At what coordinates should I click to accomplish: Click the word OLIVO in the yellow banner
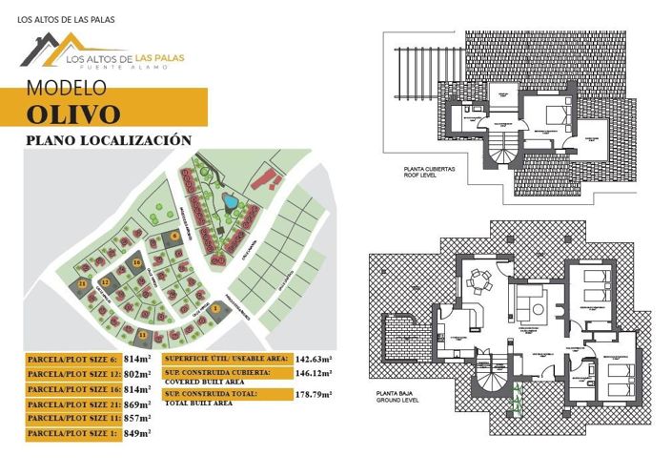(x=73, y=114)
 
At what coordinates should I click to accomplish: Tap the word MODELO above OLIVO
(x=66, y=89)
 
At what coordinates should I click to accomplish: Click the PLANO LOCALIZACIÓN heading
(x=110, y=140)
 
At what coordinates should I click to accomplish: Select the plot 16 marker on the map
(x=137, y=262)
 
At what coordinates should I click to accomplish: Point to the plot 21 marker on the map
(x=83, y=285)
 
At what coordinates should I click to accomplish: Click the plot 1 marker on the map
(x=216, y=307)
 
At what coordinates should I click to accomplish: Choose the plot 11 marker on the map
(x=143, y=335)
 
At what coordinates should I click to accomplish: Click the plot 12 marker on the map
(x=107, y=282)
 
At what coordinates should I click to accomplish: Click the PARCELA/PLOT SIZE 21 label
(x=71, y=404)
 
